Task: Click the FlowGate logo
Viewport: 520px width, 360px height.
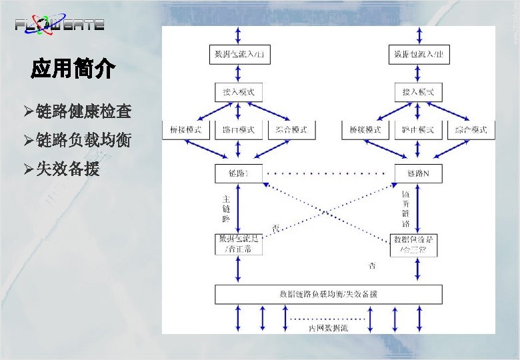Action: pyautogui.click(x=60, y=25)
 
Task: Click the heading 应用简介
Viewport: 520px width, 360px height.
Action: pyautogui.click(x=73, y=69)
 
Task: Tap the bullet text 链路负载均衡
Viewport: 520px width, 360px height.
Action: pyautogui.click(x=83, y=141)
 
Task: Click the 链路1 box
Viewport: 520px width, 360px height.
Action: pyautogui.click(x=239, y=174)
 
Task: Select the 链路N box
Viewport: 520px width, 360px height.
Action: pyautogui.click(x=419, y=174)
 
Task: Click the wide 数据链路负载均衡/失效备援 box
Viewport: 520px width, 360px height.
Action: pyautogui.click(x=328, y=294)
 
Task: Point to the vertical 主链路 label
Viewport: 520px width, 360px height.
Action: pyautogui.click(x=226, y=208)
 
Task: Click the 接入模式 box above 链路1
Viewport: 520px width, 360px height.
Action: pyautogui.click(x=239, y=91)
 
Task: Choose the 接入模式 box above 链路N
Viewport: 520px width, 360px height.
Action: pyautogui.click(x=419, y=91)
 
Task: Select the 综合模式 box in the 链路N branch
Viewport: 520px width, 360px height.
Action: pyautogui.click(x=471, y=129)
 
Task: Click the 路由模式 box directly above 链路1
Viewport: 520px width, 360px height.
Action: pyautogui.click(x=239, y=129)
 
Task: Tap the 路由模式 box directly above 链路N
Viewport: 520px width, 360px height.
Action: pyautogui.click(x=419, y=129)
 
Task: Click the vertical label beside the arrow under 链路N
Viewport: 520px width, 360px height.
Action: pyautogui.click(x=406, y=209)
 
